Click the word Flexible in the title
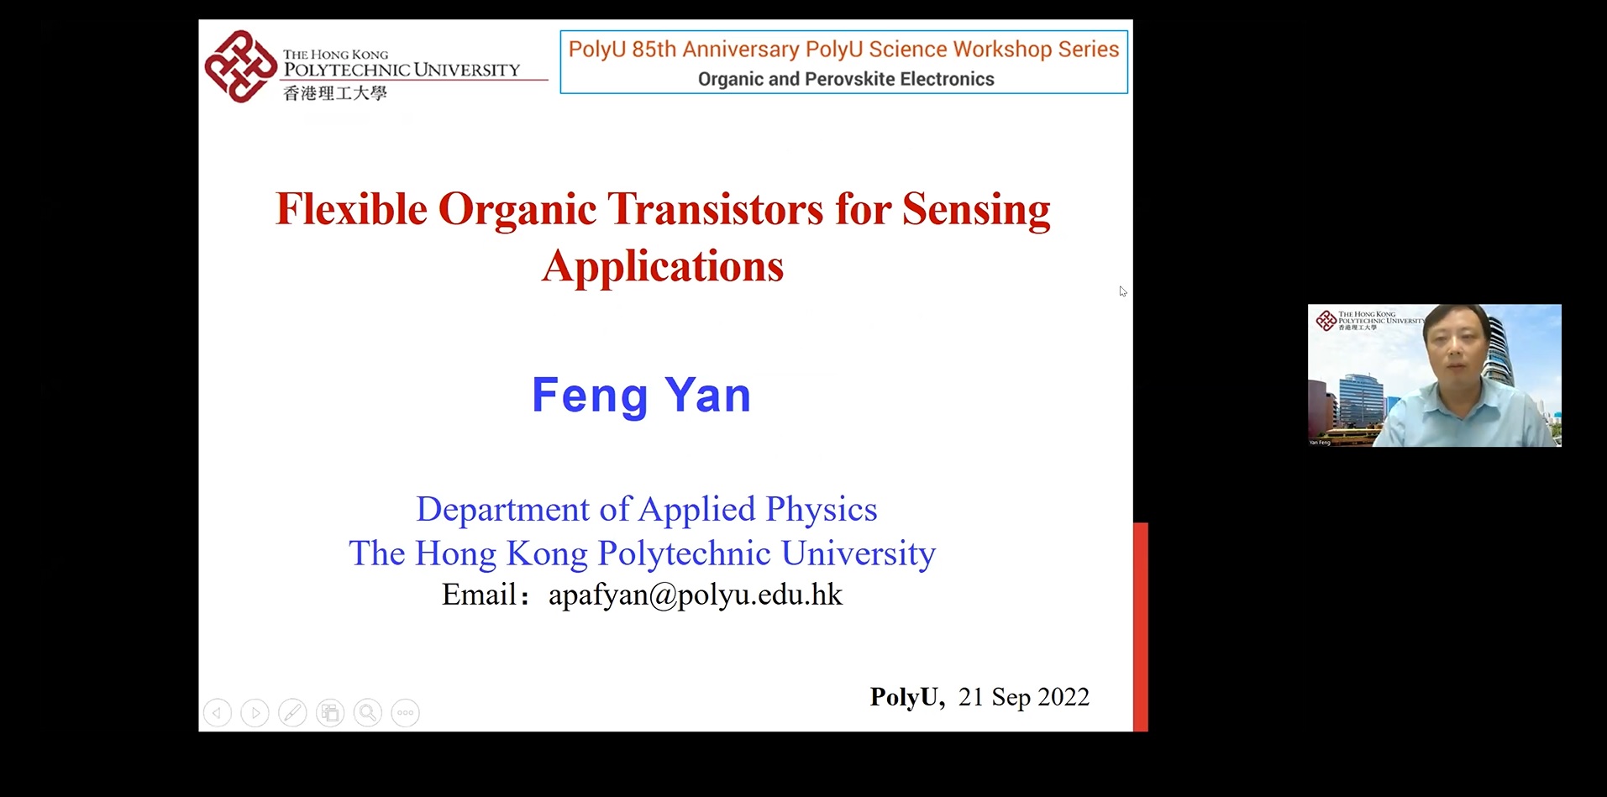click(x=351, y=209)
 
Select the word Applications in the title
click(x=663, y=266)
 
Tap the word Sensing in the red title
click(x=976, y=209)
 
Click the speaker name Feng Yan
click(x=642, y=395)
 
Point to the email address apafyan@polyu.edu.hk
click(x=695, y=595)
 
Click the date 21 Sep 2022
click(x=1023, y=697)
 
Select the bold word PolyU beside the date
click(x=906, y=697)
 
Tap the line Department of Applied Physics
click(x=646, y=509)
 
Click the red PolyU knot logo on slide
click(x=240, y=66)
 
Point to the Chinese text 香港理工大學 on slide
click(x=335, y=93)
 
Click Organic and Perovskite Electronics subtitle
click(x=845, y=79)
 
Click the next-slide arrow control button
click(x=255, y=713)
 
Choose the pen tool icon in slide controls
click(x=292, y=713)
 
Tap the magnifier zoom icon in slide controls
click(x=367, y=713)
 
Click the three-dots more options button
click(x=405, y=713)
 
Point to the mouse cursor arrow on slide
click(x=1122, y=291)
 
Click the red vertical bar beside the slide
click(x=1141, y=626)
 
